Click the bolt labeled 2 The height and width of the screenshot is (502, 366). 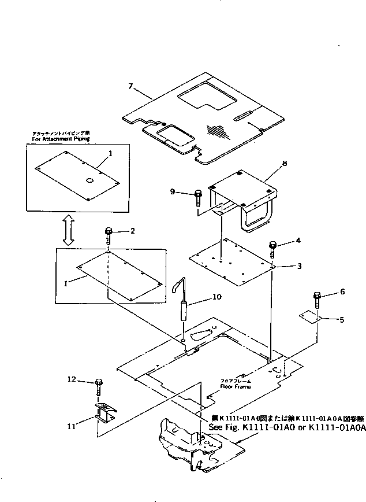(109, 236)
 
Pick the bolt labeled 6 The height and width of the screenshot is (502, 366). (318, 300)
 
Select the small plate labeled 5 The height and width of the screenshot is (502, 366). (310, 317)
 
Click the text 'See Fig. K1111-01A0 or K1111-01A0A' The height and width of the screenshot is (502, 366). (287, 427)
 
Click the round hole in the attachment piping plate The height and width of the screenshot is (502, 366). (90, 181)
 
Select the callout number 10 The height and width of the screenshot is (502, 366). (217, 297)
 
